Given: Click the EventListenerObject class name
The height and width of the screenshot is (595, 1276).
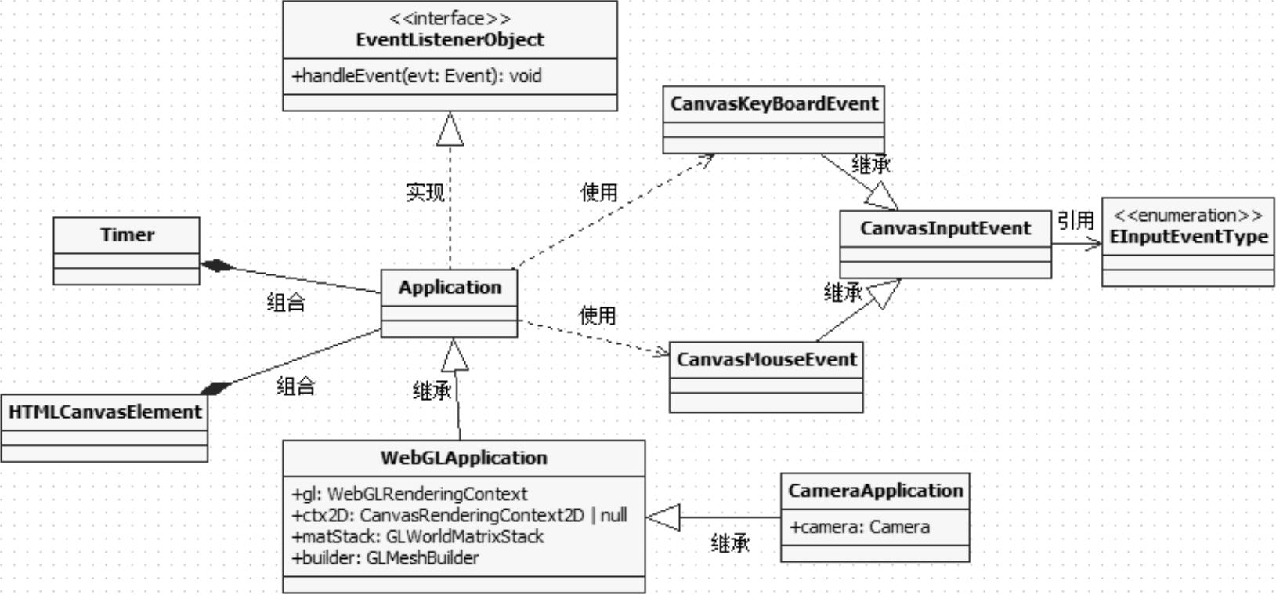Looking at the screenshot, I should point(450,40).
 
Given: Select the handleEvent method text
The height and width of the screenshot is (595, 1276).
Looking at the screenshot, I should point(417,76).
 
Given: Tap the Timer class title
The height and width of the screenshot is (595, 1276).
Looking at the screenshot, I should point(127,235).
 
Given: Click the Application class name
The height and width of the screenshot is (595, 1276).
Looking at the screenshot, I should point(450,288).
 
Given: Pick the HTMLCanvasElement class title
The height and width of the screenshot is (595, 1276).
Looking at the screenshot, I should point(105,412).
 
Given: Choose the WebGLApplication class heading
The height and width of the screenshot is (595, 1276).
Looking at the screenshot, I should point(464,458).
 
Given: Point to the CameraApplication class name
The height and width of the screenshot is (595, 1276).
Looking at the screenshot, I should point(875,491).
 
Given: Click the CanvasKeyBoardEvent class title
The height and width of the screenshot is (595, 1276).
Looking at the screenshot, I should point(774,103).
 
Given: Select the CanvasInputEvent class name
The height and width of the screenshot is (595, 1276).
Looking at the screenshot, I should point(945,229).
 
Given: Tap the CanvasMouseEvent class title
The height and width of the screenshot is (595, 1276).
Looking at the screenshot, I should point(766,360).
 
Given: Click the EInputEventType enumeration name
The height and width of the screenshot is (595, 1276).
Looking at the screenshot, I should point(1187,237).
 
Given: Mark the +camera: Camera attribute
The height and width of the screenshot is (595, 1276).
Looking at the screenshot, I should point(859,528).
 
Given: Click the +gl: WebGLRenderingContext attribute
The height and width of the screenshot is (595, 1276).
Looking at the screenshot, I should point(410,494).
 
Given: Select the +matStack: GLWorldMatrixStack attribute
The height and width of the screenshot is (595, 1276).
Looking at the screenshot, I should point(418,537).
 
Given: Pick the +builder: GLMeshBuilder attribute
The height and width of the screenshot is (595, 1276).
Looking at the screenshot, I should point(385,558).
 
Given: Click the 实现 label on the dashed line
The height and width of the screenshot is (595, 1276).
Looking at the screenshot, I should point(425,192).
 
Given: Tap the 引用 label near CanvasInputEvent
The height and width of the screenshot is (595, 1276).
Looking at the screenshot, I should point(1075,221).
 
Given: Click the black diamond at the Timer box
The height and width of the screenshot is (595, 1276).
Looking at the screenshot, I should point(217,266).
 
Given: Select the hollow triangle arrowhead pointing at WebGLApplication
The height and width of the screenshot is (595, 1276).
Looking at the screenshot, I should point(663,517).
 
